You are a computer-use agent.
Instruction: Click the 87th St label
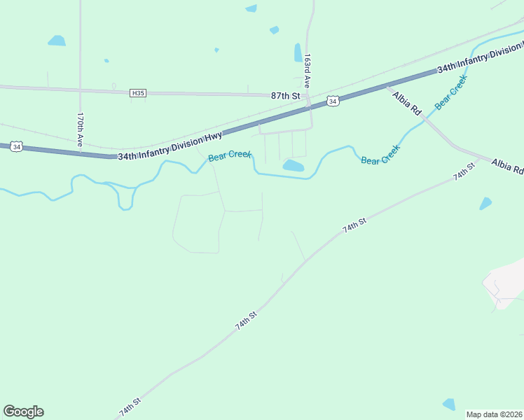coord(286,95)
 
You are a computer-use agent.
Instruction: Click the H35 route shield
coord(137,93)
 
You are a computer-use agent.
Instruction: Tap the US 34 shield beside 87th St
coord(333,101)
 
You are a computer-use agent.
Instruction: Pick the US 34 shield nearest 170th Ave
coord(17,146)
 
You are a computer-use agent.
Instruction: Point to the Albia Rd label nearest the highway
coord(406,103)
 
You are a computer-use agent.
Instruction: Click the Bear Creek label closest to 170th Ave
coord(229,155)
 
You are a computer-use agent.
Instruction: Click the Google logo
coord(23,412)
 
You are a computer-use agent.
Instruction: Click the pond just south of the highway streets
coord(293,166)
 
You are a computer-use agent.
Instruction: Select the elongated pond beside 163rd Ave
coord(298,52)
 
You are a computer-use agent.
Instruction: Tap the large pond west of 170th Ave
coord(57,41)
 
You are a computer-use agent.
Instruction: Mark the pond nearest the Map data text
coord(448,404)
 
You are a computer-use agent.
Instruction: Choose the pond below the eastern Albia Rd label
coord(485,203)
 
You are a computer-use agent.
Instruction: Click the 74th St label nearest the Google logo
coord(130,407)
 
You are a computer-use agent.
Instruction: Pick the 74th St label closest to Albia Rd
coord(463,171)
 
